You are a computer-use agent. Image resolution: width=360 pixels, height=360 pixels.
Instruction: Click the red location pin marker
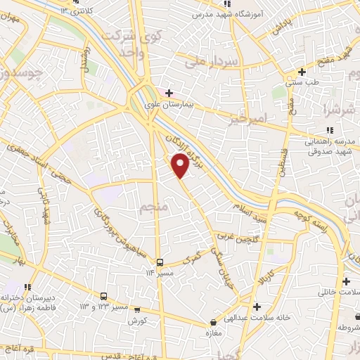(180, 165)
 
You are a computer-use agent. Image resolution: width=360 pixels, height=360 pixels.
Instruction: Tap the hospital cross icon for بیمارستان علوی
(169, 92)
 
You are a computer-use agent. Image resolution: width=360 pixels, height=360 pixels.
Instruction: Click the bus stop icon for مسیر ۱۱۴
(160, 262)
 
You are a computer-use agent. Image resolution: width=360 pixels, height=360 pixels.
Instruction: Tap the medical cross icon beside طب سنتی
(302, 72)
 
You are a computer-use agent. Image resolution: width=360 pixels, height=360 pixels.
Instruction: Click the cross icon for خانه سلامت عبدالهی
(257, 307)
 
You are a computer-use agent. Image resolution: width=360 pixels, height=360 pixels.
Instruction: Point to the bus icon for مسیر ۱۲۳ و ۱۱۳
(104, 296)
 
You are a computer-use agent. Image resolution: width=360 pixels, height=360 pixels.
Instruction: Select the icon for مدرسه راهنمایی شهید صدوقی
(330, 129)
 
